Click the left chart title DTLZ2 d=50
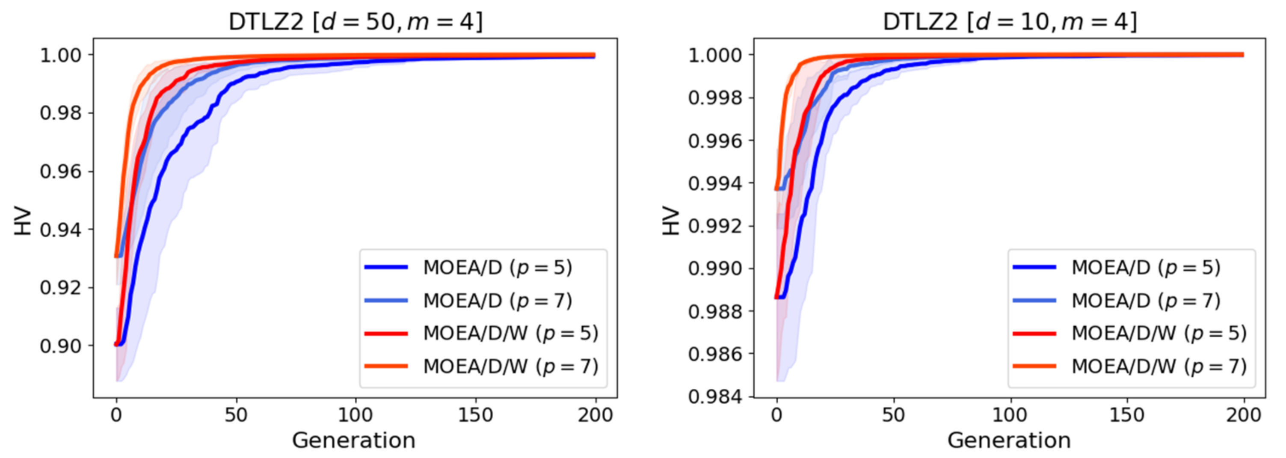point(356,22)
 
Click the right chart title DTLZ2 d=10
point(1010,22)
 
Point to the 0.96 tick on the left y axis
point(60,171)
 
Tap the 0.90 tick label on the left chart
point(60,345)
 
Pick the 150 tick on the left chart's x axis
point(475,415)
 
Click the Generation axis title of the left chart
point(353,440)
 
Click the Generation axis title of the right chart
point(1009,440)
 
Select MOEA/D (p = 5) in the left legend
point(497,267)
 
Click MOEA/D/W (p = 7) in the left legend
point(510,366)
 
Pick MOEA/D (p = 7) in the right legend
point(1146,300)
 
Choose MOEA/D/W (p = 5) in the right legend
point(1159,333)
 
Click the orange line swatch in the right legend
point(1034,366)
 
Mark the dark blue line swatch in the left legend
point(386,267)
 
